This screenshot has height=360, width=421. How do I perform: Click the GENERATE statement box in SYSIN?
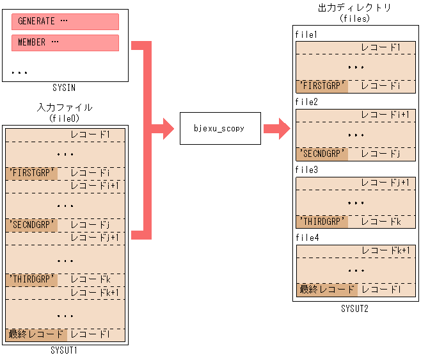point(65,21)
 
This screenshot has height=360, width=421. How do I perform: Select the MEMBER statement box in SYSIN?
point(65,43)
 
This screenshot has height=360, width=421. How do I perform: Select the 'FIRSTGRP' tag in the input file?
point(31,174)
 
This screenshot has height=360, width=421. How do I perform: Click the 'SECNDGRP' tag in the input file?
point(31,225)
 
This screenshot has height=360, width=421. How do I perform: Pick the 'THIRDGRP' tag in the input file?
point(31,280)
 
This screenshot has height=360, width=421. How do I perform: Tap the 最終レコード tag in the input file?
point(36,334)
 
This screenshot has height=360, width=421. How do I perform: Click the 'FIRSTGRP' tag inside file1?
point(322,86)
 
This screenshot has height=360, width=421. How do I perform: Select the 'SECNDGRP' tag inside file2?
point(322,154)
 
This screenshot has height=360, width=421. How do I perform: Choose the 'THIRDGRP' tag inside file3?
point(322,222)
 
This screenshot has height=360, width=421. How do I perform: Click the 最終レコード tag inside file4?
point(326,290)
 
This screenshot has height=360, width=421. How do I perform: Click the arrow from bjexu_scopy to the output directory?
point(276,128)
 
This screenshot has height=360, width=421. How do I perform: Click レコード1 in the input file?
point(90,135)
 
